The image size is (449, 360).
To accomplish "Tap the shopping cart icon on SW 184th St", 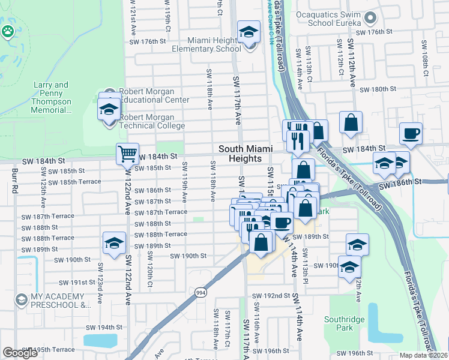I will pos(127,154).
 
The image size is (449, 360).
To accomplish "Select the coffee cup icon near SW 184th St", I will pos(411,133).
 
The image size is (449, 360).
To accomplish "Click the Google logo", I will pos(20,352).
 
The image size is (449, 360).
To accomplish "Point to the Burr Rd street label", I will pos(13,181).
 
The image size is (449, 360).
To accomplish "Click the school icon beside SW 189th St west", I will pos(114,243).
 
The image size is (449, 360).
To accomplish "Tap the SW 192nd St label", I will pos(271,296).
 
